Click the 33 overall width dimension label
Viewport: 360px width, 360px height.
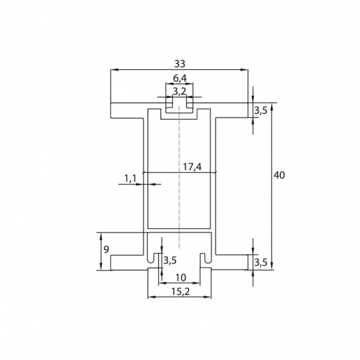click(179, 64)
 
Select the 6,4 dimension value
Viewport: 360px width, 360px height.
click(180, 79)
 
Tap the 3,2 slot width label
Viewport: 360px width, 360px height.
click(179, 92)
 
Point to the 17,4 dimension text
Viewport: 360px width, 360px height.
click(192, 167)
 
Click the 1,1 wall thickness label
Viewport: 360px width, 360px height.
click(130, 178)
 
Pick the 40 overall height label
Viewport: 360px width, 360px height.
click(279, 175)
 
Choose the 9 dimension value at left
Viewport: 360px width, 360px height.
click(106, 250)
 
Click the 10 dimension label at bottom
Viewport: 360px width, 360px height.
click(181, 278)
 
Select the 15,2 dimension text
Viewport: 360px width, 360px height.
click(181, 292)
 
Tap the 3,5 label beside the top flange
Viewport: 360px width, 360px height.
click(260, 111)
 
